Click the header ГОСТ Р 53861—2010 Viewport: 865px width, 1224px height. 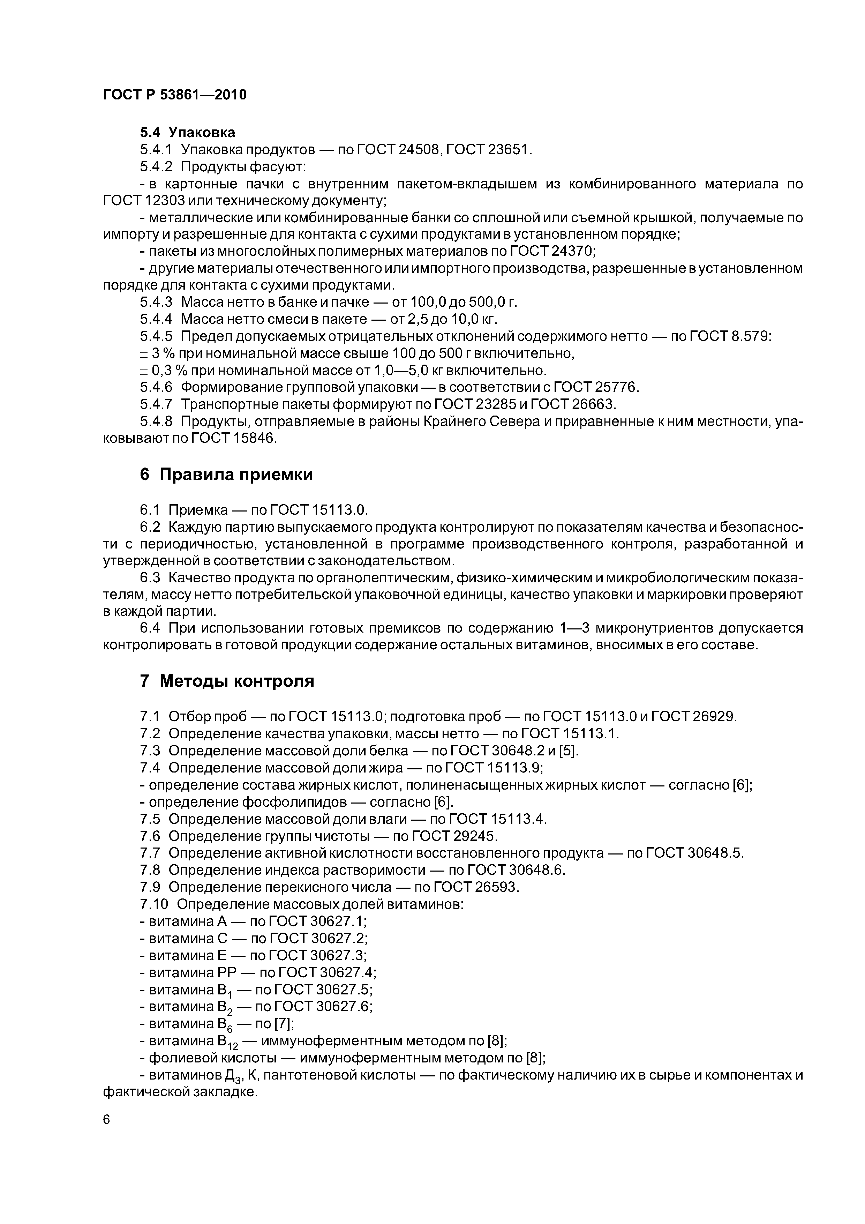(x=174, y=95)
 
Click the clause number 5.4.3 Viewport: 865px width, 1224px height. (x=156, y=302)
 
